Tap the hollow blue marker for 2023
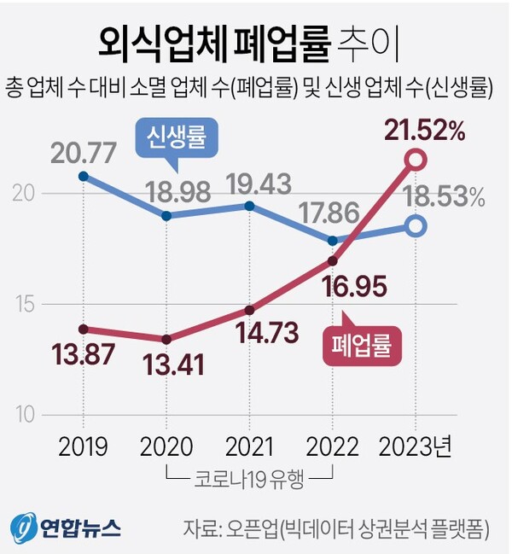(416, 226)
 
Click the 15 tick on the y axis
(26, 303)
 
